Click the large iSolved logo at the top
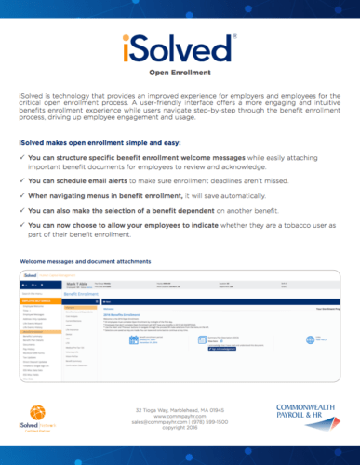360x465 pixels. (x=180, y=47)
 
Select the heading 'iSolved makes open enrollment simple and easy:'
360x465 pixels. (x=102, y=141)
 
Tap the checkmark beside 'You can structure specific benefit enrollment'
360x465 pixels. (x=21, y=158)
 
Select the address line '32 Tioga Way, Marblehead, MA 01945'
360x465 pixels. (x=180, y=408)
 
